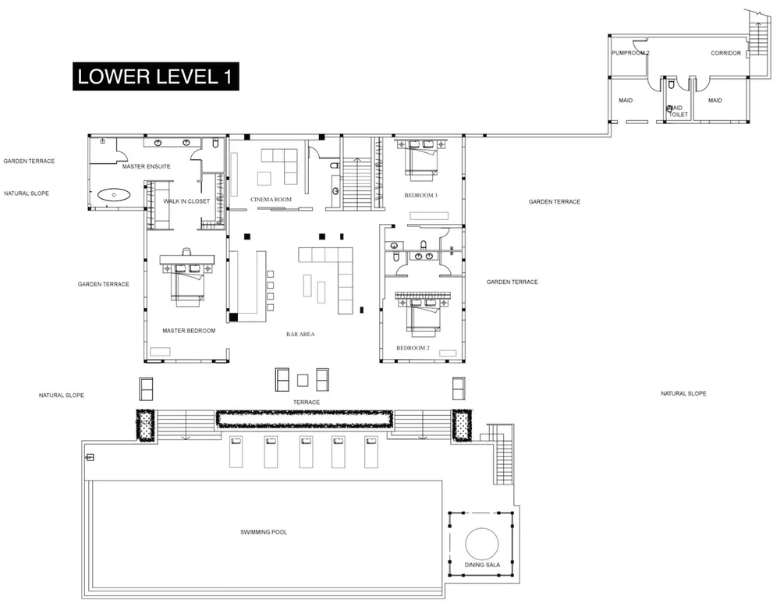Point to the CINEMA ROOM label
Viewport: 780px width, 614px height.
[271, 200]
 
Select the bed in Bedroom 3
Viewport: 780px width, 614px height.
[420, 161]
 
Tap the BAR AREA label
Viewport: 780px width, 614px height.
[300, 334]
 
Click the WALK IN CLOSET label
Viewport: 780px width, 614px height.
[186, 201]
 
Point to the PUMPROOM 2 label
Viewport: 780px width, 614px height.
[631, 54]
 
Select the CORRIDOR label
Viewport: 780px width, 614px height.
[725, 54]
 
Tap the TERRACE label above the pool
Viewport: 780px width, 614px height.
[306, 403]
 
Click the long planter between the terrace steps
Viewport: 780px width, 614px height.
[303, 419]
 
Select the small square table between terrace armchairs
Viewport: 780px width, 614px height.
[303, 380]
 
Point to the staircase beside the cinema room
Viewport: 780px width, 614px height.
[360, 179]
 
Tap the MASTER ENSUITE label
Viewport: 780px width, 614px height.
[146, 167]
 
